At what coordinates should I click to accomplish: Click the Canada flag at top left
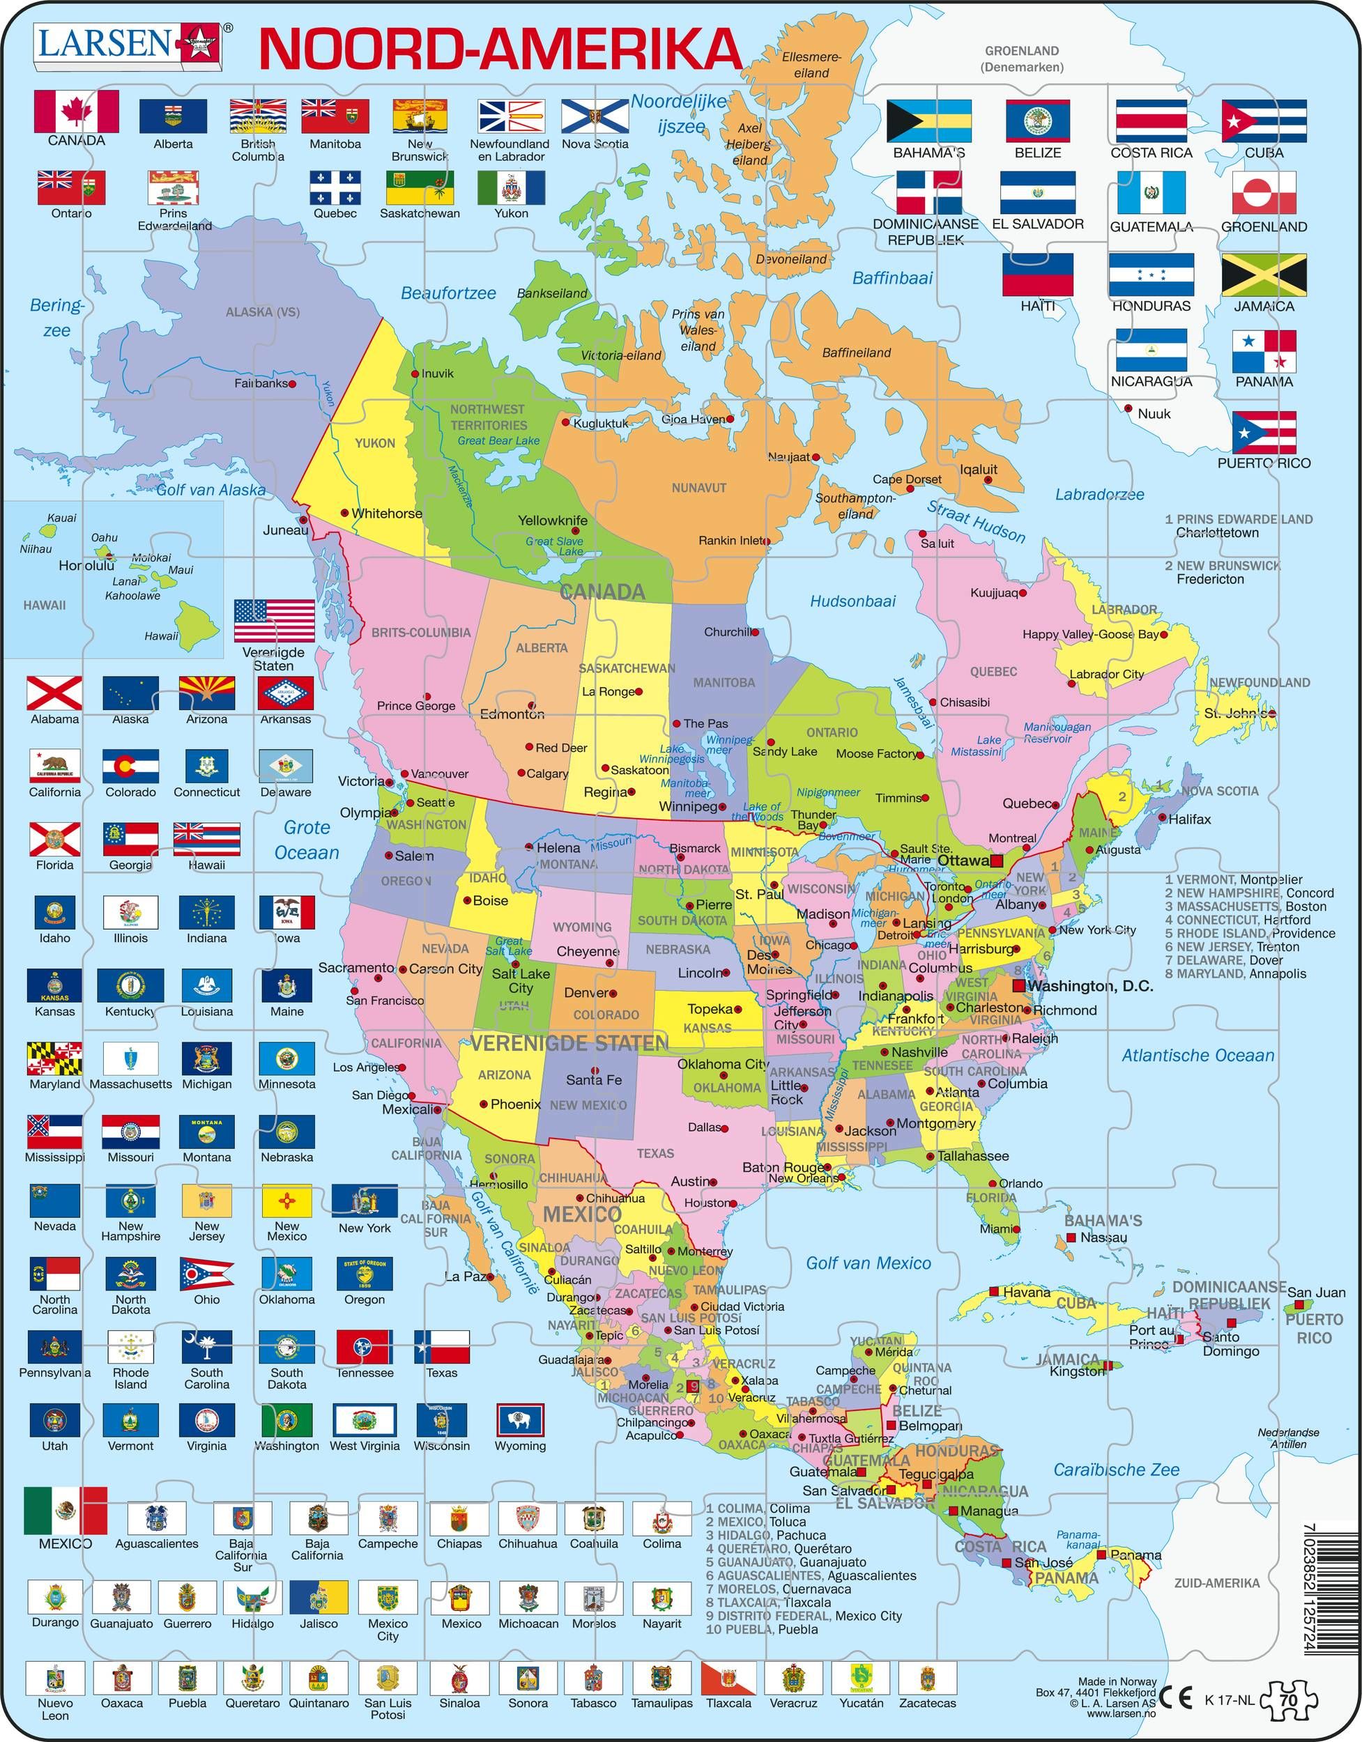pyautogui.click(x=76, y=111)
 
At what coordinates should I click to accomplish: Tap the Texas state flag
pyautogui.click(x=441, y=1346)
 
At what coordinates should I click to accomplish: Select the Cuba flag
pyautogui.click(x=1264, y=121)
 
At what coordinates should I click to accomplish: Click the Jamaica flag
pyautogui.click(x=1264, y=275)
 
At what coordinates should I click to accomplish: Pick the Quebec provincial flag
pyautogui.click(x=335, y=187)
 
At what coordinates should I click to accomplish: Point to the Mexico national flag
pyautogui.click(x=66, y=1510)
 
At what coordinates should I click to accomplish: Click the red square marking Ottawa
pyautogui.click(x=997, y=860)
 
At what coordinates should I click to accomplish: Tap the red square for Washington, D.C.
pyautogui.click(x=1018, y=986)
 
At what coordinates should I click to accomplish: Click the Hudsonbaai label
pyautogui.click(x=852, y=601)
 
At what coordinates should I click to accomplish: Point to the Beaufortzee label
pyautogui.click(x=447, y=293)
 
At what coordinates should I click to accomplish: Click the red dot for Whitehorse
pyautogui.click(x=345, y=513)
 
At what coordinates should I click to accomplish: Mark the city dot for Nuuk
pyautogui.click(x=1128, y=409)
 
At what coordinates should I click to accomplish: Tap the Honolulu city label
pyautogui.click(x=86, y=566)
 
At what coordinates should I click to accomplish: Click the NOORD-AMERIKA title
pyautogui.click(x=500, y=49)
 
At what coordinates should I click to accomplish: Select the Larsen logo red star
pyautogui.click(x=194, y=43)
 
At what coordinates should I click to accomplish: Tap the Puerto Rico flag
pyautogui.click(x=1263, y=433)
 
